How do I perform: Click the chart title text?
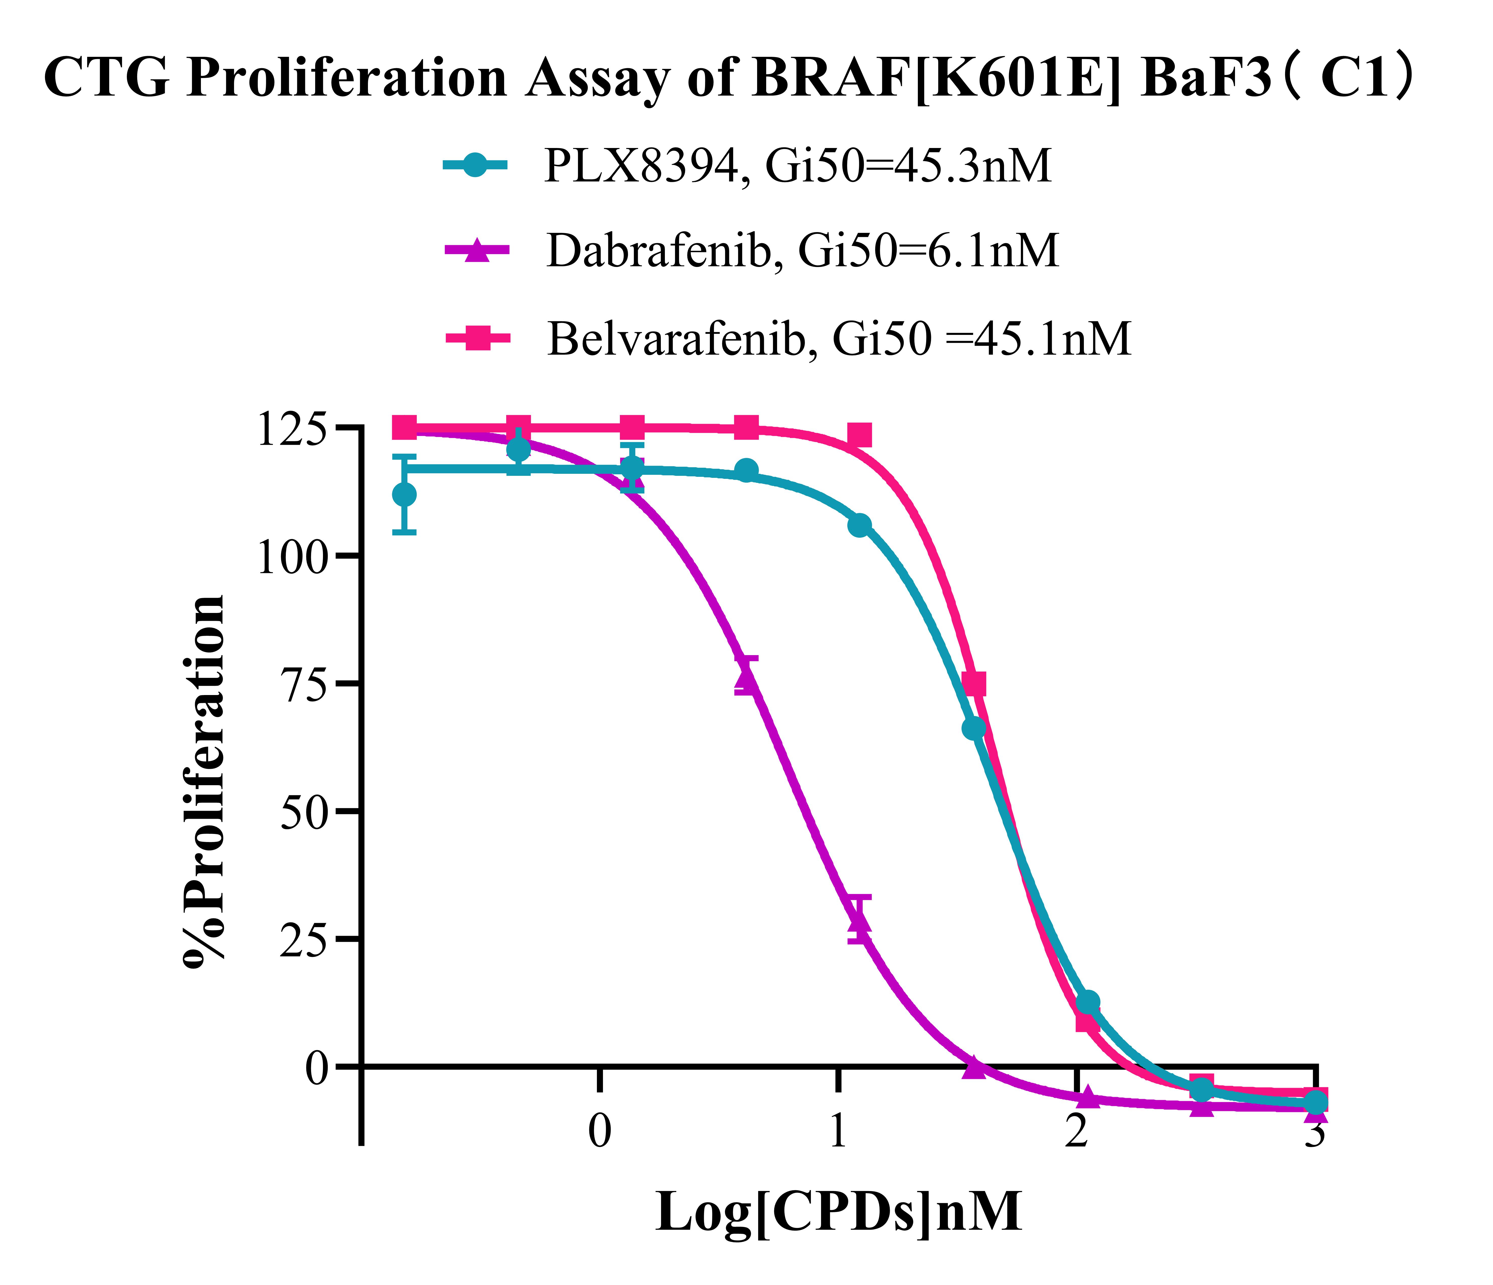point(728,79)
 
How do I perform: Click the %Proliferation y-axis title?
point(205,781)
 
